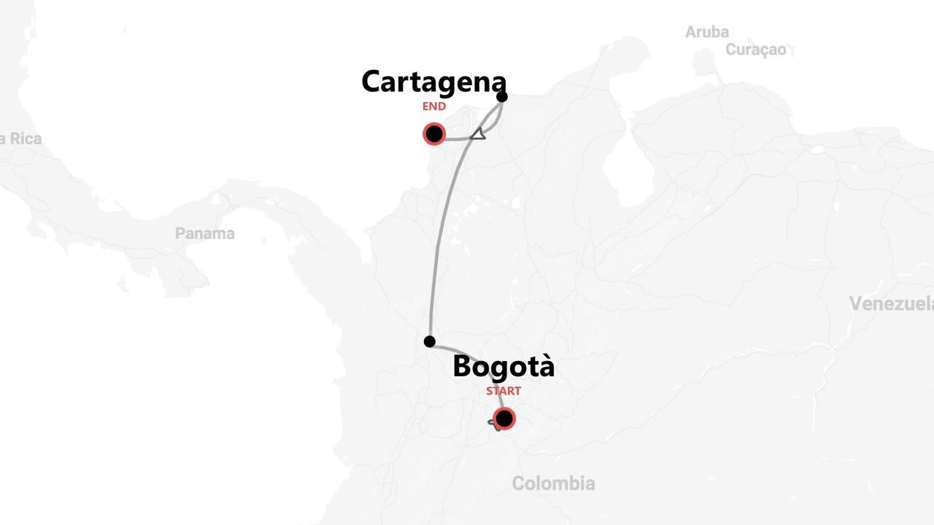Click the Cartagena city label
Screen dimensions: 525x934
pos(433,82)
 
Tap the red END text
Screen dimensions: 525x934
pos(433,106)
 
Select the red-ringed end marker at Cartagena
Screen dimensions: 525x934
pos(434,134)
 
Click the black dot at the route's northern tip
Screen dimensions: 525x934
pos(502,96)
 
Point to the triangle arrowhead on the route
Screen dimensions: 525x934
pos(478,133)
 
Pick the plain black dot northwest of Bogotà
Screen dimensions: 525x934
pos(430,341)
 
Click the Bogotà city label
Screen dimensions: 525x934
pos(503,366)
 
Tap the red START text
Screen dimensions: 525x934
pos(503,391)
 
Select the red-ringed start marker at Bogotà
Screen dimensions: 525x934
pos(503,419)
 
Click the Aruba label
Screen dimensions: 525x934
pos(706,32)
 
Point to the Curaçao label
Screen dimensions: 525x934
pos(756,50)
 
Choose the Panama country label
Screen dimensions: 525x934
pos(205,233)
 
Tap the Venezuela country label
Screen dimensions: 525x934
pos(891,303)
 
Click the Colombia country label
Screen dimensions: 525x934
pos(553,483)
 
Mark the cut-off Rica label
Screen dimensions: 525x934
pos(21,139)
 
